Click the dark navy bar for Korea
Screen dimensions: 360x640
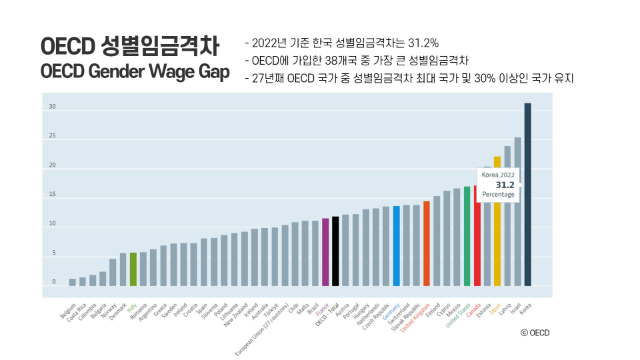[528, 193]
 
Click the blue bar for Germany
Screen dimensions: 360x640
[396, 246]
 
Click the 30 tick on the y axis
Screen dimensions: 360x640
[52, 107]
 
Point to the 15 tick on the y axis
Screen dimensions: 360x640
[52, 195]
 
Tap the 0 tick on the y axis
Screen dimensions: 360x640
[53, 282]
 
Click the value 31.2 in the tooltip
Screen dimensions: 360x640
[505, 185]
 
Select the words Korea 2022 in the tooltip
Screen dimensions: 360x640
[498, 175]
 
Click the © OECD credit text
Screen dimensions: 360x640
[535, 333]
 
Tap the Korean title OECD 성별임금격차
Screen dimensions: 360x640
[129, 47]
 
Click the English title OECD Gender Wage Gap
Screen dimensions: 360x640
[135, 71]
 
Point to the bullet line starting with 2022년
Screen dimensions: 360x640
[341, 44]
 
